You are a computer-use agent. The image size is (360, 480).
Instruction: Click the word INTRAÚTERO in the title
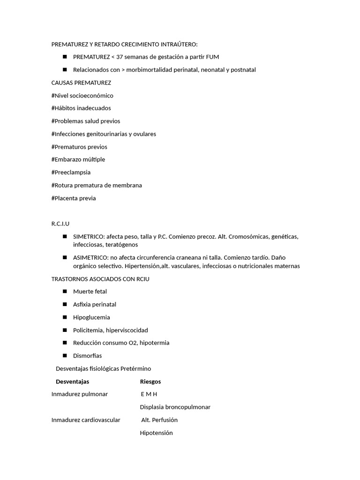(179, 44)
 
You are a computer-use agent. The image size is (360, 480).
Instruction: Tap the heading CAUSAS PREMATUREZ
(81, 82)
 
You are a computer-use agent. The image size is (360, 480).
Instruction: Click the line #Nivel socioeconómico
(82, 96)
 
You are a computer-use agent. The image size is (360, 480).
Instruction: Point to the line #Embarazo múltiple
(78, 159)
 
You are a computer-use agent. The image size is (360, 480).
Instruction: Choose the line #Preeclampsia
(71, 172)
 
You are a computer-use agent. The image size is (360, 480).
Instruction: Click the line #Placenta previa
(74, 198)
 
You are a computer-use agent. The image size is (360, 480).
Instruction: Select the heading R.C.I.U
(60, 224)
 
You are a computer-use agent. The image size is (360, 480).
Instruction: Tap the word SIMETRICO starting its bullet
(88, 236)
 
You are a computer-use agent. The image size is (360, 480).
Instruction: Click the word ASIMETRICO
(90, 257)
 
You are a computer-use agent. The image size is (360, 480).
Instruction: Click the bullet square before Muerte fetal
(64, 291)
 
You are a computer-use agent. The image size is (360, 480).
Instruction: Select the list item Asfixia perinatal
(95, 304)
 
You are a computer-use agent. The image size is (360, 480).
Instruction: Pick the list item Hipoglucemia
(91, 317)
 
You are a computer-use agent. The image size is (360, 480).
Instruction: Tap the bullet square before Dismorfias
(64, 355)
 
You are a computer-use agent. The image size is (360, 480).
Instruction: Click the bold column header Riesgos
(150, 381)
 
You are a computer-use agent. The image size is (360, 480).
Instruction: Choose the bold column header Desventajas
(72, 381)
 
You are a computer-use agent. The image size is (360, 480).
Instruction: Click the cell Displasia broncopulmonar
(175, 407)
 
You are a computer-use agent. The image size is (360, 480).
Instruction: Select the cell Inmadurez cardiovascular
(86, 420)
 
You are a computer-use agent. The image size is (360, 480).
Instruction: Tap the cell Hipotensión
(156, 433)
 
